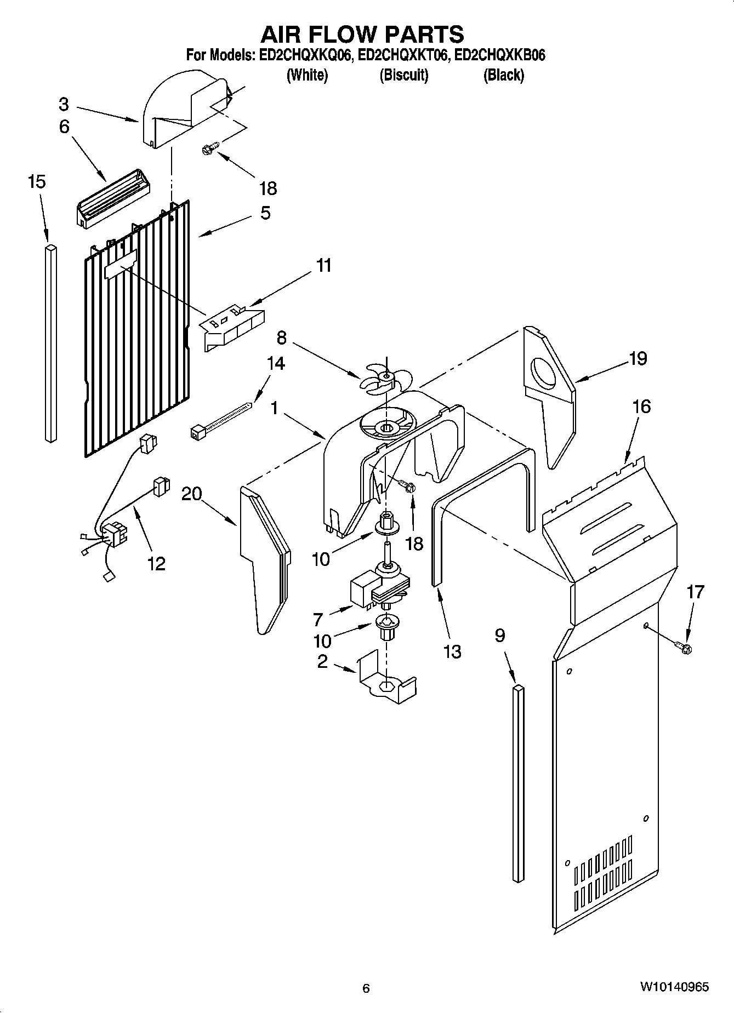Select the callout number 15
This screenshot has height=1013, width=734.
37,181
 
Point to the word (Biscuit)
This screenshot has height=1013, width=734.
404,75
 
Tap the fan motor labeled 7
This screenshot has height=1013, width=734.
378,590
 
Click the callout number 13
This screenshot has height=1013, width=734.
452,651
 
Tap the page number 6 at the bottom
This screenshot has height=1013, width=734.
366,988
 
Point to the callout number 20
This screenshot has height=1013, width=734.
191,494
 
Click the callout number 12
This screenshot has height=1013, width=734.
156,563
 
